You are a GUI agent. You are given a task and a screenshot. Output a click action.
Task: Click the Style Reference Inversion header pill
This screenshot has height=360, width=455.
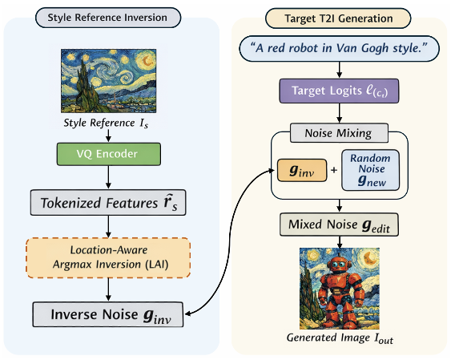(108, 18)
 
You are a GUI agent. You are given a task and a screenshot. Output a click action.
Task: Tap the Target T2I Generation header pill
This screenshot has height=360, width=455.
(338, 18)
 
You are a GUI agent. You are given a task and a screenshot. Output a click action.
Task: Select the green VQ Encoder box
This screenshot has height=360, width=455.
(108, 154)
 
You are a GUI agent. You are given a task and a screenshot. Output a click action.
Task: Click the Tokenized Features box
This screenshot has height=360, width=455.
(108, 203)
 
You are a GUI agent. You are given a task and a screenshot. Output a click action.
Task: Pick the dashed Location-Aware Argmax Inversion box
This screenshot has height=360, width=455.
(108, 257)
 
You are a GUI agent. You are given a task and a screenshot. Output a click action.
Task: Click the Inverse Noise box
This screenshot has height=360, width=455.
(108, 314)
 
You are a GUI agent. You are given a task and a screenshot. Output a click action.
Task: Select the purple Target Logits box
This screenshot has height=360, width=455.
(339, 91)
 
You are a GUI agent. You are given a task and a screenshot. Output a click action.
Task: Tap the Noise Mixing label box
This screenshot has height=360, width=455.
(339, 133)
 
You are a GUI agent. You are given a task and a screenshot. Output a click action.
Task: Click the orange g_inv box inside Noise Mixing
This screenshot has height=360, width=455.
(302, 170)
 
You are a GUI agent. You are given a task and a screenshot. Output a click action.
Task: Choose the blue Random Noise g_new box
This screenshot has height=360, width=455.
(371, 170)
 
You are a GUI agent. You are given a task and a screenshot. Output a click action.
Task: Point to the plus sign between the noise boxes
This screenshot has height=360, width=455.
(334, 170)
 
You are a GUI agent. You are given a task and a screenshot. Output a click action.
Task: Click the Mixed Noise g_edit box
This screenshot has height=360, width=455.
(339, 224)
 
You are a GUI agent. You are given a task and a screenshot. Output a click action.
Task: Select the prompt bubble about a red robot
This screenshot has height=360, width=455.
(339, 49)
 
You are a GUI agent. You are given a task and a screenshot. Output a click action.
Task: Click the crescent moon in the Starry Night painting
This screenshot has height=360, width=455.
(147, 61)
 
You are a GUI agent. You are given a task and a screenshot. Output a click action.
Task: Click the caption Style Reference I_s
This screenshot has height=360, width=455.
(106, 123)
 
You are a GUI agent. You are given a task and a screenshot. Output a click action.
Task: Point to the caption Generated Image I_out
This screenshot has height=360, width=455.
(340, 338)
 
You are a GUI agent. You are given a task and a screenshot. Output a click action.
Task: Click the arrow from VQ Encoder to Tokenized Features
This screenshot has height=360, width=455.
(108, 177)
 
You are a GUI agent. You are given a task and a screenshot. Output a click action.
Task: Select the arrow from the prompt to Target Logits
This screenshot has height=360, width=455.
(339, 70)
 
